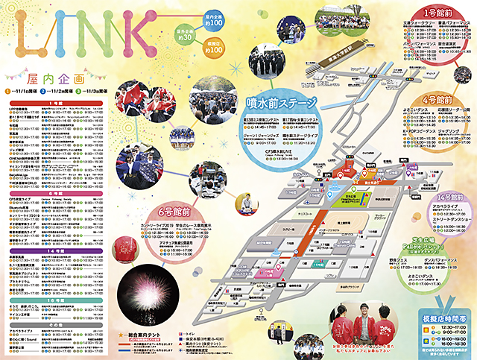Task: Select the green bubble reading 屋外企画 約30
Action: pyautogui.click(x=186, y=34)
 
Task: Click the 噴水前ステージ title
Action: pyautogui.click(x=282, y=102)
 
